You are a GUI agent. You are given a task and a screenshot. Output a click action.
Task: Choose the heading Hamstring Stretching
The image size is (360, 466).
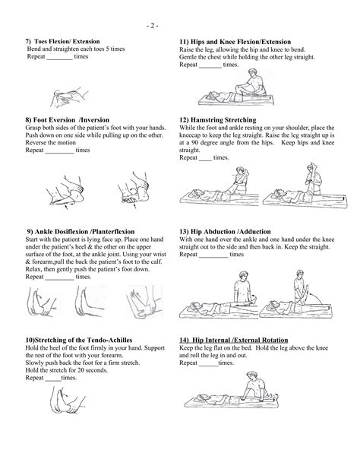(x=217, y=120)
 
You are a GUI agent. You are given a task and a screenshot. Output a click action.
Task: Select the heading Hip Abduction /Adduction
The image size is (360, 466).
(x=230, y=232)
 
